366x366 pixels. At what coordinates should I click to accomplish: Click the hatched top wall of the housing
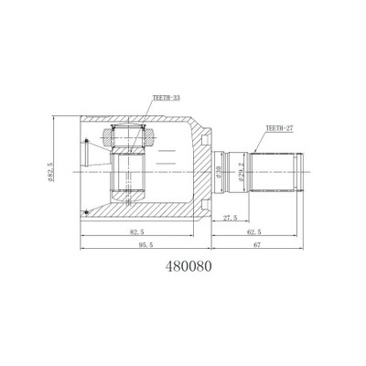(137, 121)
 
